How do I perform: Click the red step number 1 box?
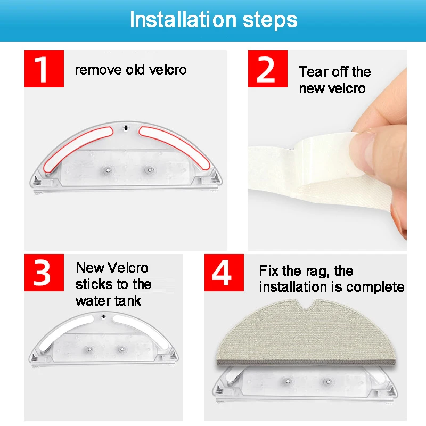point(44,69)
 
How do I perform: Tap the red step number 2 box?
point(268,69)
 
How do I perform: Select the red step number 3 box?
point(44,273)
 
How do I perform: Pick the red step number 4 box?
point(224,273)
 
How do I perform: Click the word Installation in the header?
point(183,19)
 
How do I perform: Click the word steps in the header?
point(270,20)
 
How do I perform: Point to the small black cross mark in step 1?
point(126,128)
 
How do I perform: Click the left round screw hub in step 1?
point(108,170)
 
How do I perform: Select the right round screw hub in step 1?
point(149,170)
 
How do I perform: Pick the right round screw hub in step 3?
point(122,349)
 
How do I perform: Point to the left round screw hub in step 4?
point(288,381)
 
